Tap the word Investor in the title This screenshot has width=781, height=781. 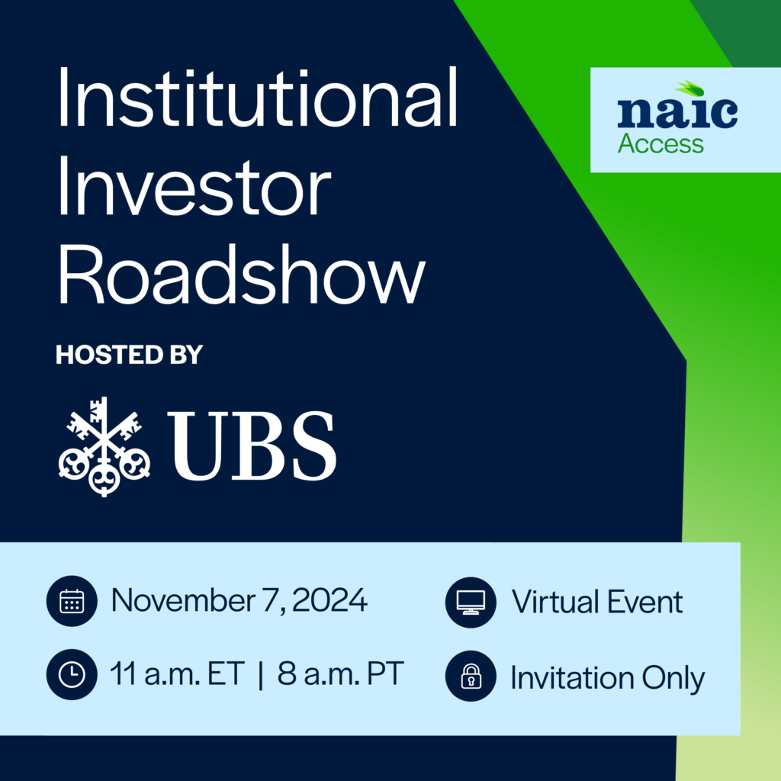[194, 190]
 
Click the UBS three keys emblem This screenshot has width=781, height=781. [104, 446]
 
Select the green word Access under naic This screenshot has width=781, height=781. [660, 143]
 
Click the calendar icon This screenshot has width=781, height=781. [72, 602]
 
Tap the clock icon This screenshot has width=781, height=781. [72, 673]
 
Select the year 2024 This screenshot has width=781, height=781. [330, 601]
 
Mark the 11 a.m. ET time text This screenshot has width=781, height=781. [177, 674]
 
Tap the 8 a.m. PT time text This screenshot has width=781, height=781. [339, 674]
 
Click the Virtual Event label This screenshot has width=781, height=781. [597, 602]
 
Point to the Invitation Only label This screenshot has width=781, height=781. [607, 677]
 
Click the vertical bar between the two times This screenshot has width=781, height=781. [261, 676]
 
